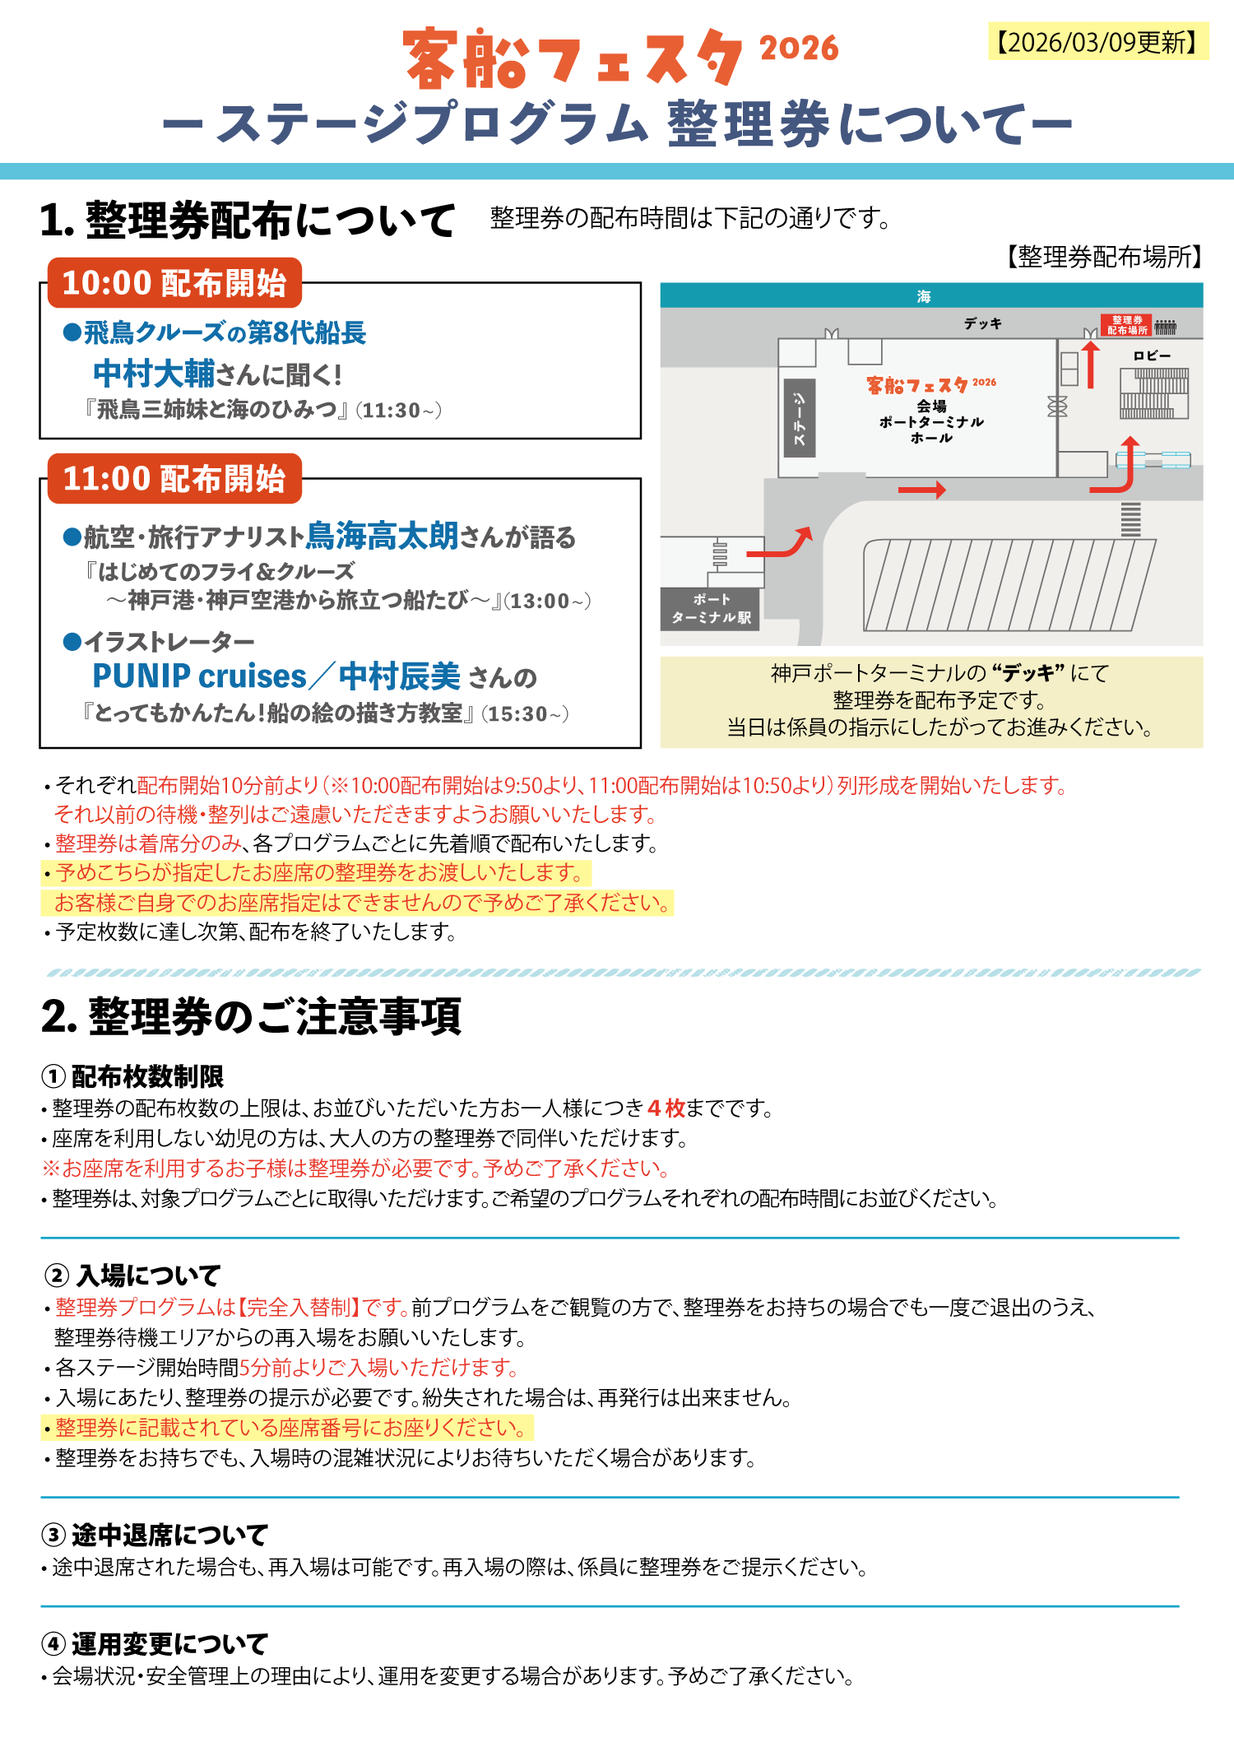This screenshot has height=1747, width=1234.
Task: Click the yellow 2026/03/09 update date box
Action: (x=1098, y=42)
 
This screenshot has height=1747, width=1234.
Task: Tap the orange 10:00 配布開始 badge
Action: (x=174, y=283)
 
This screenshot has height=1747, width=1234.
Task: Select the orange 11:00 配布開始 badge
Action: (x=174, y=479)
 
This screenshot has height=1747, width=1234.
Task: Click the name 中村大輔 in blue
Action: (x=153, y=374)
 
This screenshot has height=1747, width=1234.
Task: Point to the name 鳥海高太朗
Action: (x=382, y=536)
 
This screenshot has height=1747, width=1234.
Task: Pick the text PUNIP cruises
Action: (x=199, y=676)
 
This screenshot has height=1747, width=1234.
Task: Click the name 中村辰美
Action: (x=399, y=676)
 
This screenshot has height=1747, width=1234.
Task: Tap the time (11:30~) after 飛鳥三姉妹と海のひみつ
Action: (x=399, y=410)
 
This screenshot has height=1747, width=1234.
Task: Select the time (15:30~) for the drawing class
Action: (x=526, y=713)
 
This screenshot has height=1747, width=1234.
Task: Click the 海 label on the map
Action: (x=924, y=296)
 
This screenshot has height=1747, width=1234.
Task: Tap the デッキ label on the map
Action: (x=983, y=323)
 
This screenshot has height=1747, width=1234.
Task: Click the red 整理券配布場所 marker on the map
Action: (x=1127, y=325)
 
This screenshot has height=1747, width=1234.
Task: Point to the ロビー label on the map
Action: (x=1152, y=355)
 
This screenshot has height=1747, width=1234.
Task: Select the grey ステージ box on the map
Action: (x=800, y=418)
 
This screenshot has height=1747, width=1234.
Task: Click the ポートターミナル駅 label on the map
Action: (x=711, y=609)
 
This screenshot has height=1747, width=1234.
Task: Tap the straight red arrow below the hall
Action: (x=921, y=490)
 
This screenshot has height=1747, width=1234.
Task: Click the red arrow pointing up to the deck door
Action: (x=1091, y=364)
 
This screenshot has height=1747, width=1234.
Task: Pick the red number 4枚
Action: (x=666, y=1108)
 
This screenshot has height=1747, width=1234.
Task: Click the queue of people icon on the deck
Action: (x=1165, y=327)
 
